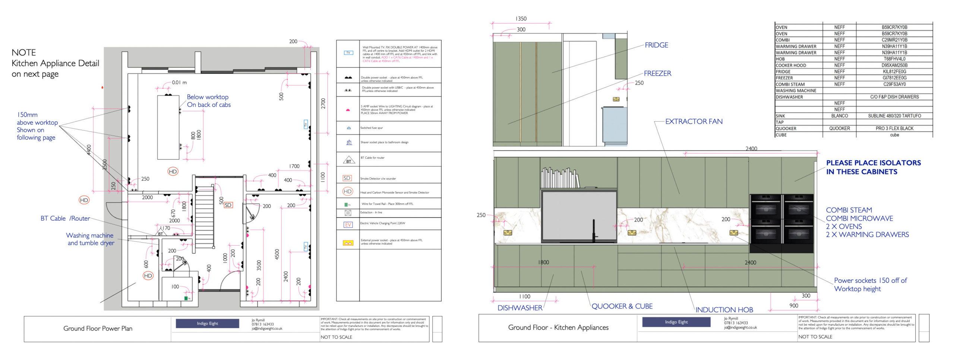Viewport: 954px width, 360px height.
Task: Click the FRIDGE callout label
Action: tap(656, 45)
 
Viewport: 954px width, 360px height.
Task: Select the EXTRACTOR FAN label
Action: tap(694, 121)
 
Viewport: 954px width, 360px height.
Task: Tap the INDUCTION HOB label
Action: tap(724, 310)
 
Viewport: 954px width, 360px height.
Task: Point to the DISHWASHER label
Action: tap(519, 308)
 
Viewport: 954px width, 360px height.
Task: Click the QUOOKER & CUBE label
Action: tap(622, 306)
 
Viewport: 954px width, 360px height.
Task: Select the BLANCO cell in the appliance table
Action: tap(839, 116)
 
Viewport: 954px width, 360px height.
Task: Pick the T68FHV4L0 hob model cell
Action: tap(894, 59)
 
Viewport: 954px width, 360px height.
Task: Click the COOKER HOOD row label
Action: tap(791, 65)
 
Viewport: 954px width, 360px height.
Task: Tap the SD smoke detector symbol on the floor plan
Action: tap(228, 205)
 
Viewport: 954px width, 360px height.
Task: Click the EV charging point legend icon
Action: tap(348, 225)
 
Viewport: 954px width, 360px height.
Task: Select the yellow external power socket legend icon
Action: tap(348, 243)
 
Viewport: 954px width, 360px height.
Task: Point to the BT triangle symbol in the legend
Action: tap(348, 160)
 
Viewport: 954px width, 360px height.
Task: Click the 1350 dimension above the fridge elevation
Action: tap(521, 19)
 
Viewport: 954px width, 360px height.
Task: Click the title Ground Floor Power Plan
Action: tap(98, 328)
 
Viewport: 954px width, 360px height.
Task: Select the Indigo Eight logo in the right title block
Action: tap(676, 322)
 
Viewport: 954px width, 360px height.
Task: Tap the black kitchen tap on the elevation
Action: tap(594, 231)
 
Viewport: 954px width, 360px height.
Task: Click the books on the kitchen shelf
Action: tap(560, 178)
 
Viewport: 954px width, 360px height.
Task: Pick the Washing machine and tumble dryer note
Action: tap(90, 239)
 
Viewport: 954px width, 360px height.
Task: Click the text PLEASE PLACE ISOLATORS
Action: tap(873, 163)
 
